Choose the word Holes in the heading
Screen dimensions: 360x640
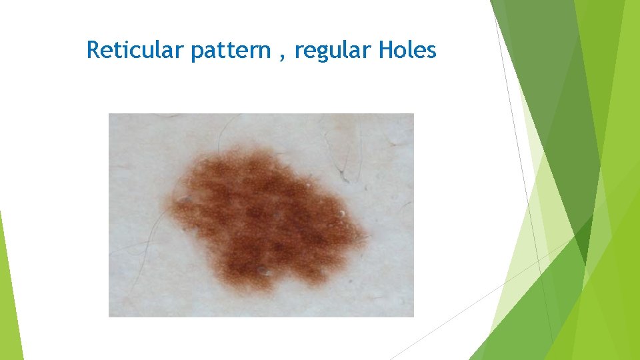407,50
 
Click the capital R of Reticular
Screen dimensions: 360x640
93,50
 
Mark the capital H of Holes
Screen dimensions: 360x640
385,50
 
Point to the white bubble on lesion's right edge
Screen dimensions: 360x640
342,213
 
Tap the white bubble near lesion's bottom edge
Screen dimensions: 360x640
263,271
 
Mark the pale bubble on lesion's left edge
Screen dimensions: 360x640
183,199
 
